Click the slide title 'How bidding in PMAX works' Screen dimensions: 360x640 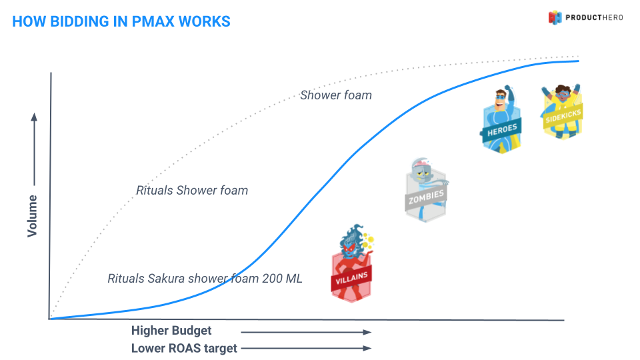click(121, 21)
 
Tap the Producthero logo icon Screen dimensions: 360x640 click(555, 17)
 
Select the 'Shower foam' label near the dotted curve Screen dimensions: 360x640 click(335, 95)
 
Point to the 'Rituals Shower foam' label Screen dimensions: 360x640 click(192, 191)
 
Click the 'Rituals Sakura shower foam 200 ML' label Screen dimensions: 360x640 click(205, 278)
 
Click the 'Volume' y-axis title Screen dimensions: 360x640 click(32, 215)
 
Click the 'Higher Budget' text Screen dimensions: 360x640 click(171, 331)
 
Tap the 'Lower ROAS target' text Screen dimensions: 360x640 click(184, 348)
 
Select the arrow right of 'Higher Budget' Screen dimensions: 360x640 click(305, 331)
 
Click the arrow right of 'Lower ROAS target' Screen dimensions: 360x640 click(305, 348)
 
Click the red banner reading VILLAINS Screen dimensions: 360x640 click(351, 275)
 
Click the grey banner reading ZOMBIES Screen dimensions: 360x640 click(426, 197)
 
